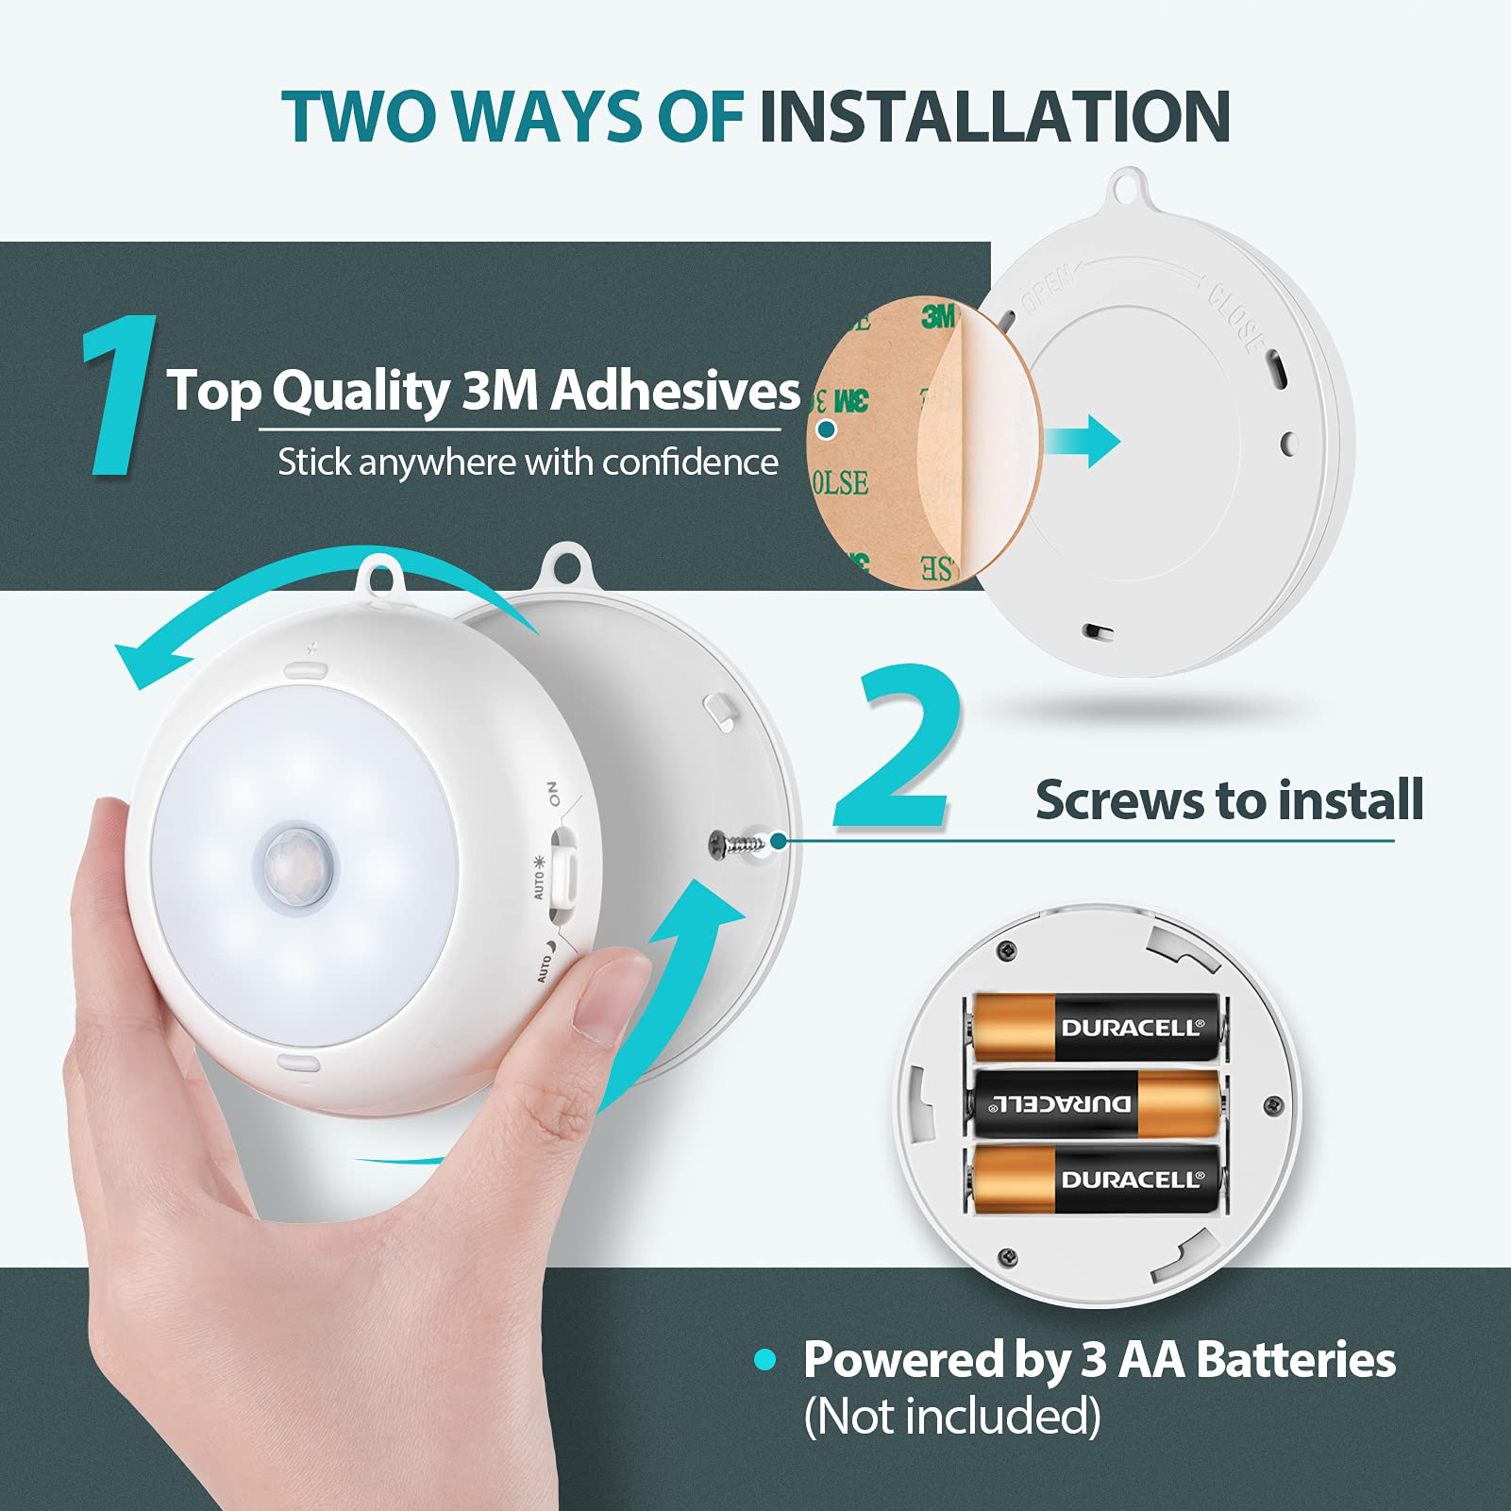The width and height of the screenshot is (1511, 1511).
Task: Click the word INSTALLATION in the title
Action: tap(994, 117)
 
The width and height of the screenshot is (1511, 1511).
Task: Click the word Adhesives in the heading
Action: tap(675, 390)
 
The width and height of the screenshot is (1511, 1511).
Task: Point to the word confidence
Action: tap(690, 462)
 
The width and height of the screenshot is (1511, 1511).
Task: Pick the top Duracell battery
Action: tap(1095, 1027)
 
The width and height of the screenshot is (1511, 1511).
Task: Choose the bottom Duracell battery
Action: tap(1095, 1179)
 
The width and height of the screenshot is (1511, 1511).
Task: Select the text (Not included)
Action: tap(951, 1417)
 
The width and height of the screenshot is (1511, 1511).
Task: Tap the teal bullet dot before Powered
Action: tap(765, 1360)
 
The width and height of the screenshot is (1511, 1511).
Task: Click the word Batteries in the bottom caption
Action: tap(1295, 1360)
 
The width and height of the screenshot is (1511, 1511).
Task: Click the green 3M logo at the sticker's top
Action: tap(938, 316)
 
